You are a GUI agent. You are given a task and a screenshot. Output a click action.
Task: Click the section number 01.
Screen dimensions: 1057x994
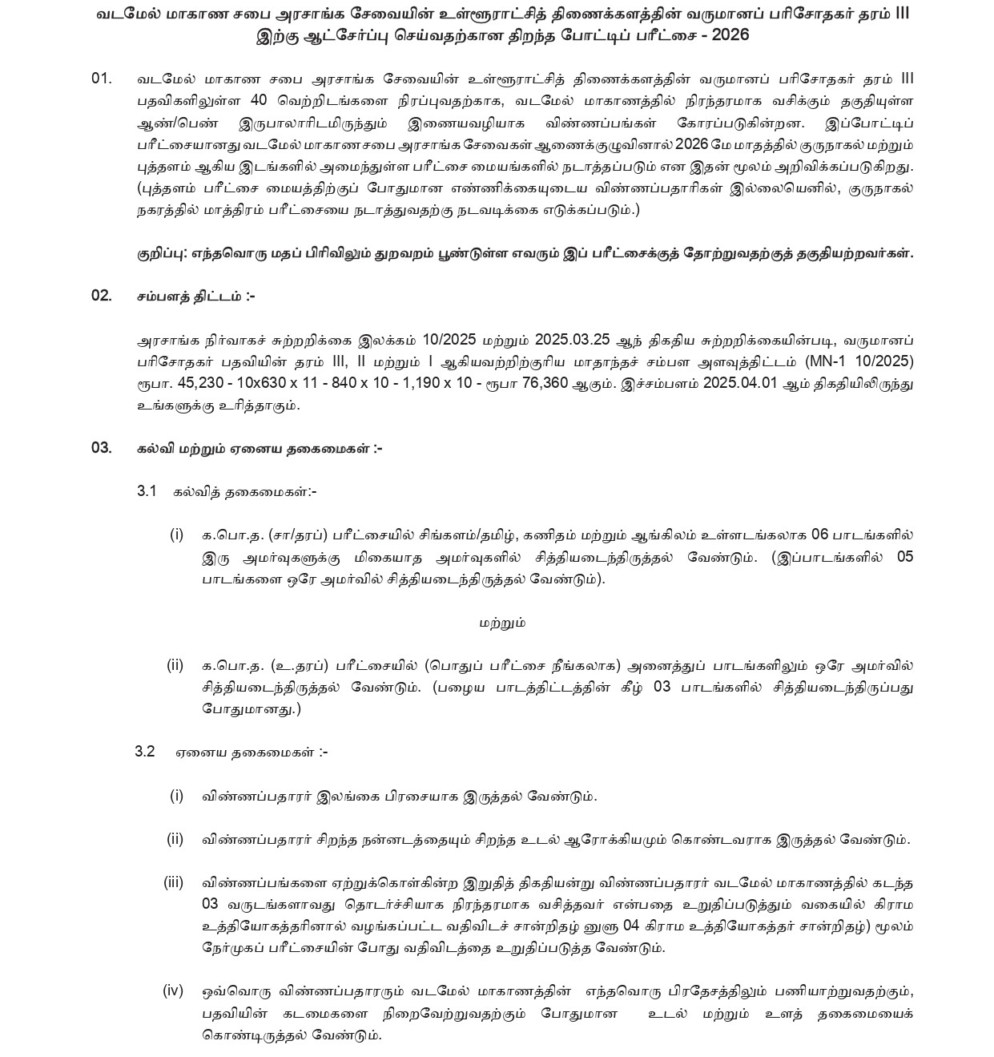(x=102, y=79)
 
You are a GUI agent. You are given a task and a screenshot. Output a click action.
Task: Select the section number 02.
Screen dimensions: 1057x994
(x=102, y=296)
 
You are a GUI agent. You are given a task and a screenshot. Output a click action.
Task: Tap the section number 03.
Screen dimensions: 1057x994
(x=102, y=448)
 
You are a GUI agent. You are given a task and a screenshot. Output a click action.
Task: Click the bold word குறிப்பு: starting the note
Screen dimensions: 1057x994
(x=163, y=253)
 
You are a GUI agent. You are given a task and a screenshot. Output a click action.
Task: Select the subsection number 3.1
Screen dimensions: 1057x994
(x=146, y=491)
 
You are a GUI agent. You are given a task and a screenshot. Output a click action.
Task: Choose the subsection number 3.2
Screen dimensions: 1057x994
(x=145, y=752)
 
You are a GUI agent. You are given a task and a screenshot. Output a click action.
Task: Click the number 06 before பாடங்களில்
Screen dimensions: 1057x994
(x=820, y=535)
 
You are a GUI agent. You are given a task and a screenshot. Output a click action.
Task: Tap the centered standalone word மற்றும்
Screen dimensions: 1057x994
(x=503, y=622)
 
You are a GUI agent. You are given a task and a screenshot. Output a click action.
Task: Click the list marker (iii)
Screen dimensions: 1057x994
(x=174, y=882)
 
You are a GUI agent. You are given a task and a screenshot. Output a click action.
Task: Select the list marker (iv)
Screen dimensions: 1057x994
(x=174, y=990)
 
